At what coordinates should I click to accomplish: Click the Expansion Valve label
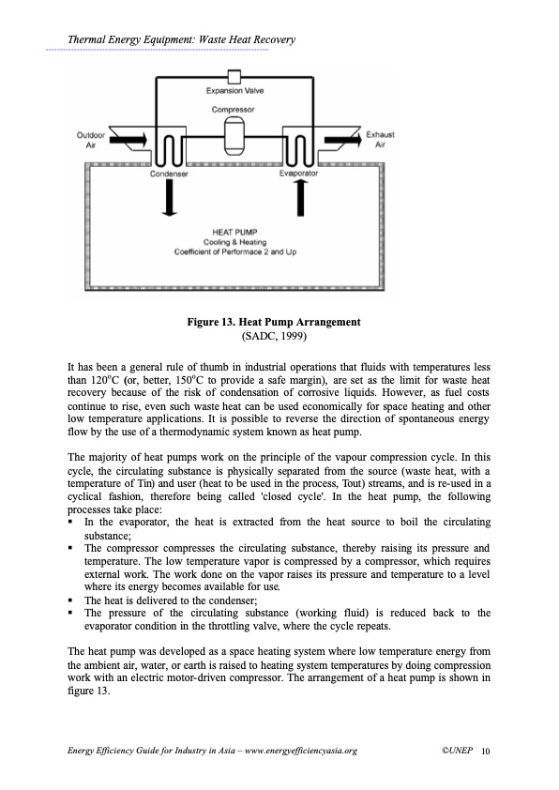tap(234, 91)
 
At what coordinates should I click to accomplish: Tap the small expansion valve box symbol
tap(234, 77)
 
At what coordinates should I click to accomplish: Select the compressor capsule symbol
tap(234, 136)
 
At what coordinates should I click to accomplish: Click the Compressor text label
tap(234, 110)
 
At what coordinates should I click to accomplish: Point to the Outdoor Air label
tap(91, 140)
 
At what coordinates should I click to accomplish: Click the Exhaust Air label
tap(380, 140)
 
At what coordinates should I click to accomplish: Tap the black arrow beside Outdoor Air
tap(128, 140)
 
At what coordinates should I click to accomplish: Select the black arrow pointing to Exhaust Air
tap(342, 139)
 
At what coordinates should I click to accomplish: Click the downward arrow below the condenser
tap(170, 197)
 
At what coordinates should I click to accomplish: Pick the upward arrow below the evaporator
tap(300, 197)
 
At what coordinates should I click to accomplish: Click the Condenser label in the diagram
tap(169, 174)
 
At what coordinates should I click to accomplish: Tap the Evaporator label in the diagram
tap(298, 174)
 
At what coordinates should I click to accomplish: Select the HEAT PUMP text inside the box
tap(234, 233)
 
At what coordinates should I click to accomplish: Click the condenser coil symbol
tap(171, 146)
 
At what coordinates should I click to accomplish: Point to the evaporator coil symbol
tap(298, 146)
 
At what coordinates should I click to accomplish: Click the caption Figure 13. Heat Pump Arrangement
tap(274, 322)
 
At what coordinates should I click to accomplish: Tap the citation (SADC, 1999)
tap(274, 336)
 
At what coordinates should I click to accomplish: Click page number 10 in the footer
tap(486, 752)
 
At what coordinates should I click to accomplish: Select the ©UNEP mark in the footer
tap(458, 751)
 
